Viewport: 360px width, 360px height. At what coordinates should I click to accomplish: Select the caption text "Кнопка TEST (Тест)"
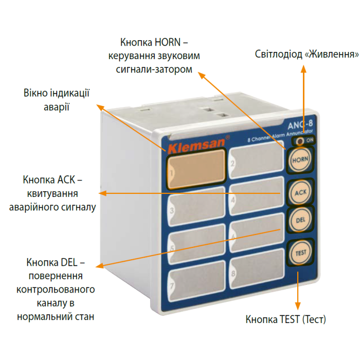(x=285, y=319)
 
